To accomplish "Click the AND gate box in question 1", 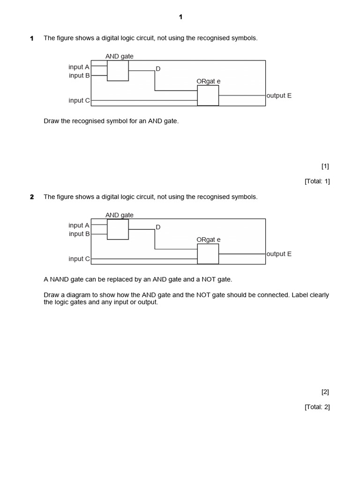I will pyautogui.click(x=118, y=70).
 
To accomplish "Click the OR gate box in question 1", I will pyautogui.click(x=208, y=95).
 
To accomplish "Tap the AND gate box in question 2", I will pyautogui.click(x=118, y=229).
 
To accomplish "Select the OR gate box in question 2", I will pyautogui.click(x=208, y=254).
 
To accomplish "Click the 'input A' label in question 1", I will pyautogui.click(x=79, y=67).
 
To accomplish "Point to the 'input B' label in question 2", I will pyautogui.click(x=79, y=234).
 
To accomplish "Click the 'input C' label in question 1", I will pyautogui.click(x=79, y=100).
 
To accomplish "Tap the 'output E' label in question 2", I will pyautogui.click(x=279, y=254).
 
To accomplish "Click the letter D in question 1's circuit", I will pyautogui.click(x=158, y=69).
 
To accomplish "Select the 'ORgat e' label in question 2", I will pyautogui.click(x=209, y=240).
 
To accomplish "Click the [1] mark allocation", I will pyautogui.click(x=325, y=166).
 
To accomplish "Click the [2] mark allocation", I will pyautogui.click(x=325, y=392).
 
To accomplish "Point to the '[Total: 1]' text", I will pyautogui.click(x=317, y=181).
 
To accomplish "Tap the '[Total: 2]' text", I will pyautogui.click(x=317, y=407).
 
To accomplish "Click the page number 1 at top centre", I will pyautogui.click(x=180, y=17).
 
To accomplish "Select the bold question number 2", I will pyautogui.click(x=32, y=197).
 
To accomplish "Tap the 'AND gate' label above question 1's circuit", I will pyautogui.click(x=119, y=56).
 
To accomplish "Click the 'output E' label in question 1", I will pyautogui.click(x=279, y=96).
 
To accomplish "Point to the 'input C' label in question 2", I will pyautogui.click(x=79, y=259).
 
